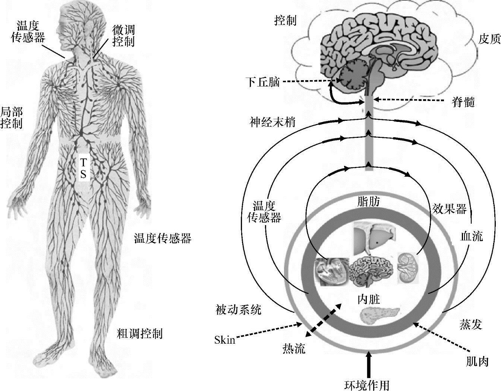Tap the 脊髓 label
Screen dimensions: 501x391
(x=463, y=102)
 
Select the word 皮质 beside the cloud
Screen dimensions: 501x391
(x=489, y=40)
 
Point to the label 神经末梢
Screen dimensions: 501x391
(x=272, y=122)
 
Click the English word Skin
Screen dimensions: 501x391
(x=225, y=340)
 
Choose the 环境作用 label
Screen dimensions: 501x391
(x=367, y=384)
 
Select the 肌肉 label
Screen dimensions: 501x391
(x=478, y=361)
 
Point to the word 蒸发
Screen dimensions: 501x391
(x=470, y=325)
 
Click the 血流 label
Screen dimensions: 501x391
(x=472, y=236)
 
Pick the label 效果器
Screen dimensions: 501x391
(x=449, y=209)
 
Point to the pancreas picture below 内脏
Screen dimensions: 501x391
(x=380, y=315)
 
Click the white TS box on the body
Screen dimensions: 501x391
(x=83, y=168)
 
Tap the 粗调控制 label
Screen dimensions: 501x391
(x=140, y=333)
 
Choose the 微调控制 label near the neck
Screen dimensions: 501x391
(x=123, y=36)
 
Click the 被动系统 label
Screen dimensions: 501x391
(x=239, y=310)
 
